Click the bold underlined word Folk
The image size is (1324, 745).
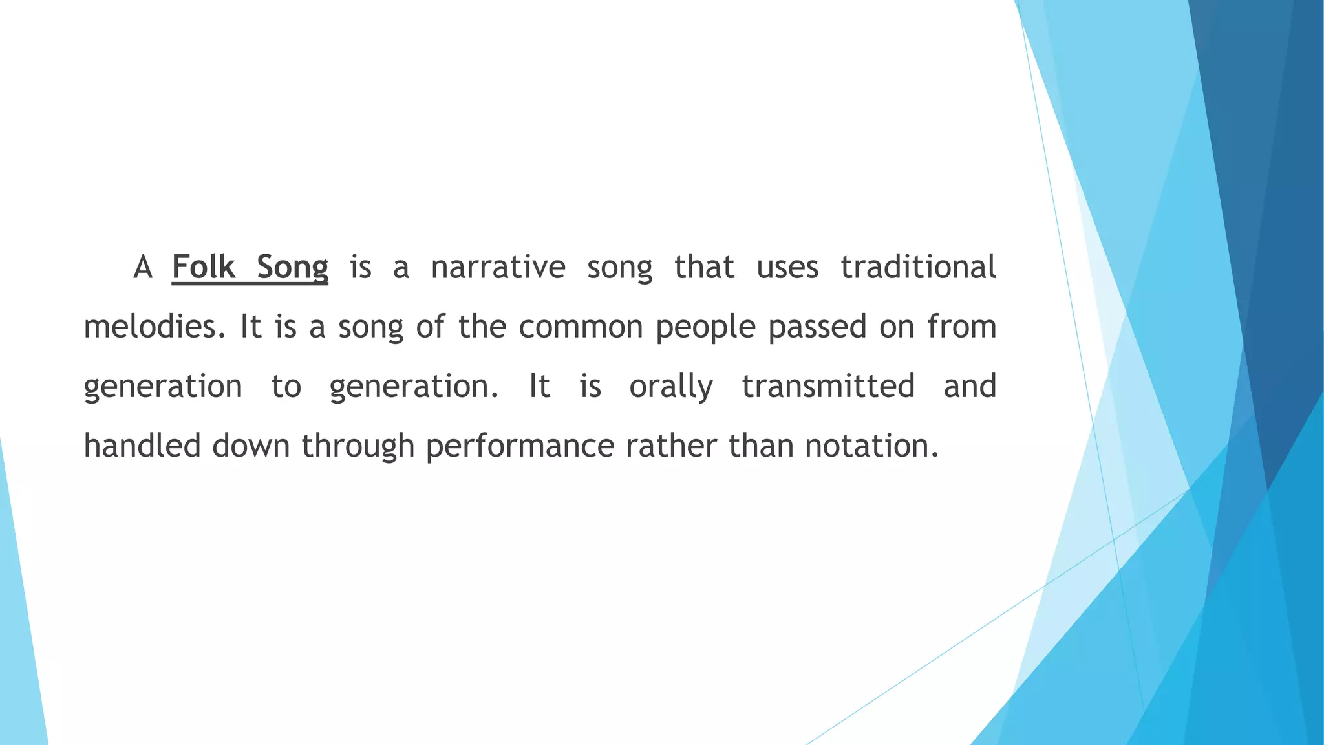click(203, 267)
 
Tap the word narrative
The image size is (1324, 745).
click(498, 267)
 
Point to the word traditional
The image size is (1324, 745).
click(918, 267)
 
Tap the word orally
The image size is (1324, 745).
click(671, 387)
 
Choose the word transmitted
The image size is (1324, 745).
click(828, 386)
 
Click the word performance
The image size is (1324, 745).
click(520, 447)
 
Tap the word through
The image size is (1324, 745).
click(358, 447)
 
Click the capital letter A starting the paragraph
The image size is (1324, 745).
click(142, 267)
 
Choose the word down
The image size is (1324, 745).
click(251, 446)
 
